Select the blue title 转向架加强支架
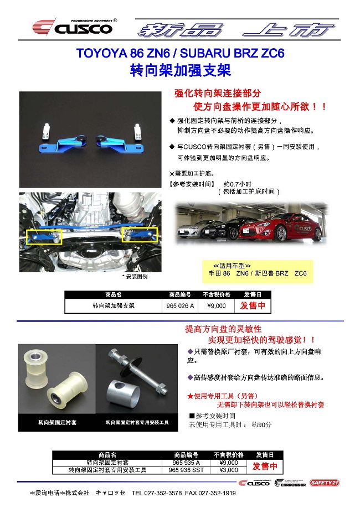click(x=180, y=71)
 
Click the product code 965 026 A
click(x=181, y=305)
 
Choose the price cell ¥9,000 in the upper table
click(x=216, y=305)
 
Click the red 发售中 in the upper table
click(x=252, y=305)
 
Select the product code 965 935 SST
click(x=186, y=470)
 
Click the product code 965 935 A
click(x=186, y=462)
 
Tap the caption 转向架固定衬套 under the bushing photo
click(x=57, y=422)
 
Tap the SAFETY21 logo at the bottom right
click(x=325, y=483)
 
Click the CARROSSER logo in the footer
click(x=290, y=483)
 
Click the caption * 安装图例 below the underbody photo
click(x=135, y=275)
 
